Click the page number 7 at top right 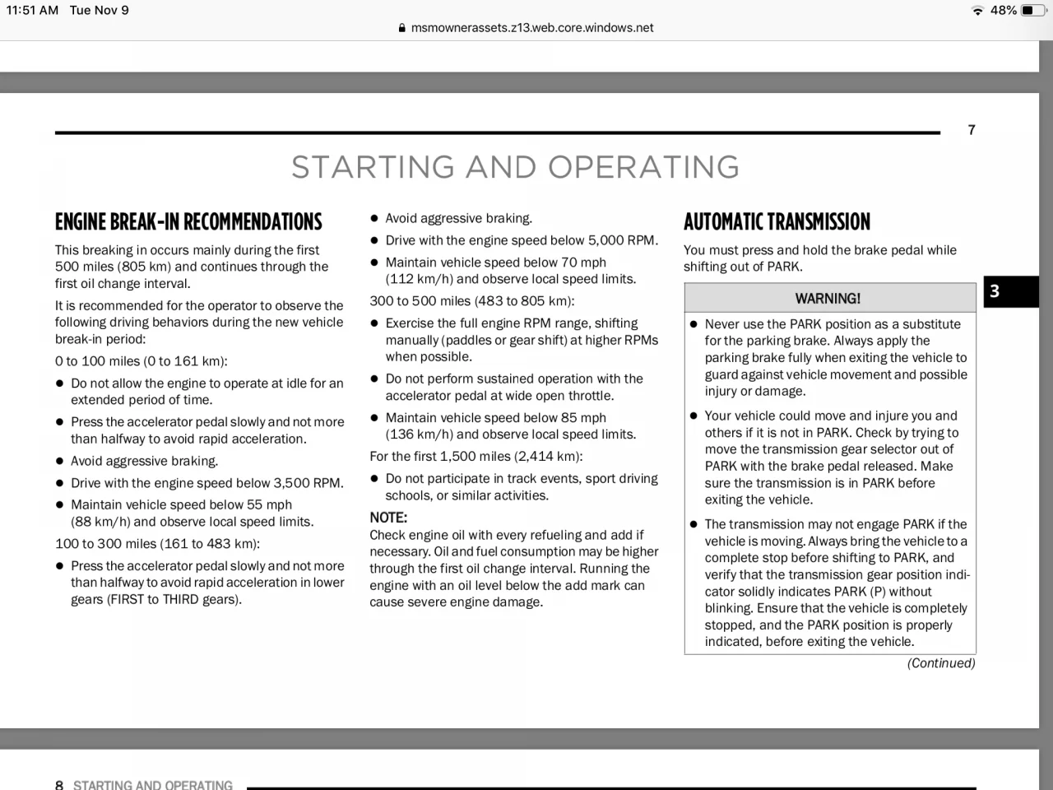point(972,130)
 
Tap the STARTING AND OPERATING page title point(515,167)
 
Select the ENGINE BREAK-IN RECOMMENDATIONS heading point(188,222)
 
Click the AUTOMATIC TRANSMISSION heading point(777,222)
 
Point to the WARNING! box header point(828,298)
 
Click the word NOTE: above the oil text point(388,518)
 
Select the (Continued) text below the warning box point(940,663)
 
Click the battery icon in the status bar point(1033,11)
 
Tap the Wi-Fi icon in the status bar point(977,11)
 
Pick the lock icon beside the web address point(401,28)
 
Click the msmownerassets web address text point(532,28)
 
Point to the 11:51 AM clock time point(32,11)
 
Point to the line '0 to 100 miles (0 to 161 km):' point(141,361)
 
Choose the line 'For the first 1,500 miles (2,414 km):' point(475,457)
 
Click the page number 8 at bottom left point(59,784)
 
